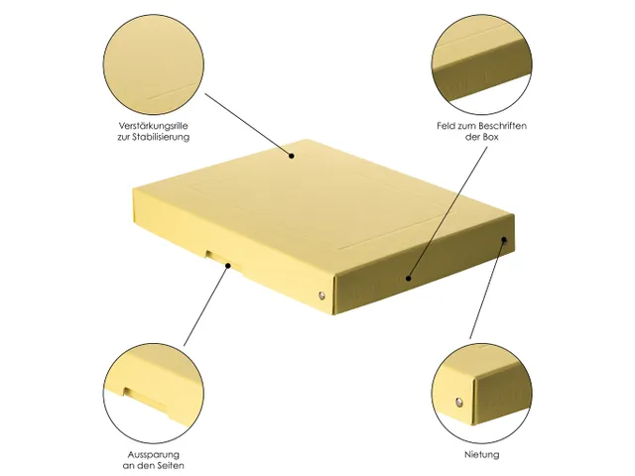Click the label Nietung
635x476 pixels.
[482, 454]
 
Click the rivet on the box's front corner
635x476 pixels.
[319, 297]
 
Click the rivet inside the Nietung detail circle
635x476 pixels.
[457, 403]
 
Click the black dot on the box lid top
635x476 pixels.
[293, 155]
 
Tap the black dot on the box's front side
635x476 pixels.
[409, 279]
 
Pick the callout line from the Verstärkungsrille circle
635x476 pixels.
[248, 124]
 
